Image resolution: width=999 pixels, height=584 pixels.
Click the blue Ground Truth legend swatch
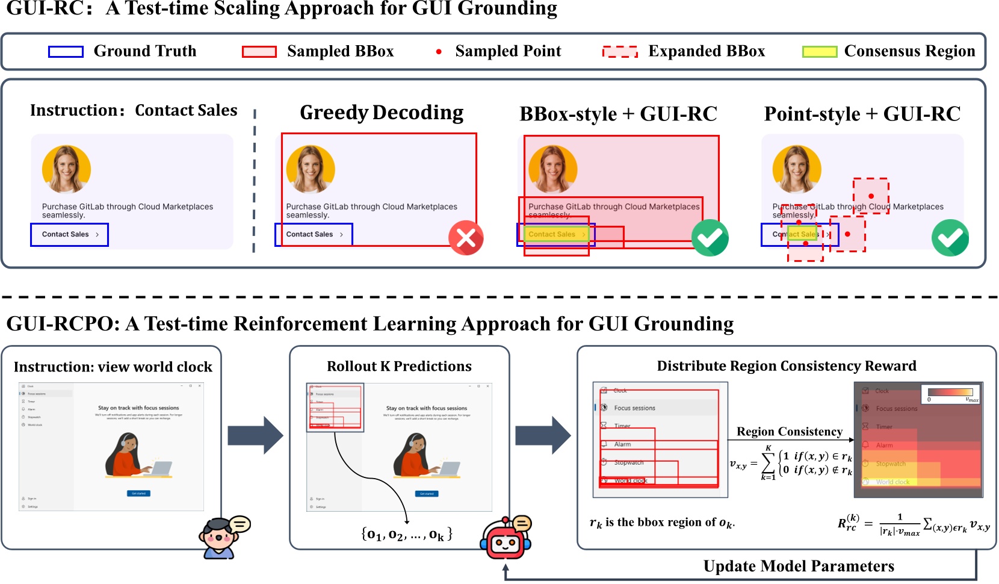pyautogui.click(x=66, y=52)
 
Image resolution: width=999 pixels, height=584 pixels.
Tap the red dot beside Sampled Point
pyautogui.click(x=439, y=52)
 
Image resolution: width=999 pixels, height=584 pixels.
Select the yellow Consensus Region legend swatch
pyautogui.click(x=819, y=52)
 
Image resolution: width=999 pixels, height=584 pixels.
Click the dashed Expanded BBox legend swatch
pyautogui.click(x=620, y=52)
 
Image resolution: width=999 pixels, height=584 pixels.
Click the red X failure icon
pyautogui.click(x=466, y=238)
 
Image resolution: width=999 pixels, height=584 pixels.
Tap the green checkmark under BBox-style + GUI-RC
pyautogui.click(x=710, y=238)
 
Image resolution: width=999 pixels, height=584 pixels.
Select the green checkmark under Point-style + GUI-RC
pyautogui.click(x=950, y=238)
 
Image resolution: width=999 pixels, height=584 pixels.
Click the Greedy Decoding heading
pyautogui.click(x=382, y=113)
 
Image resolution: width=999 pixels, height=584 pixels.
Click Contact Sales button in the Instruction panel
pyautogui.click(x=69, y=234)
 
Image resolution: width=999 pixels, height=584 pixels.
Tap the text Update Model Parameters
pyautogui.click(x=798, y=566)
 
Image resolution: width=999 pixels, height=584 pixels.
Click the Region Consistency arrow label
pyautogui.click(x=789, y=432)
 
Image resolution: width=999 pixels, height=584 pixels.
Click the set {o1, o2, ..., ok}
pyautogui.click(x=406, y=534)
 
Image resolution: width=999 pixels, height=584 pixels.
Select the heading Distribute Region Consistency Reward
pyautogui.click(x=786, y=366)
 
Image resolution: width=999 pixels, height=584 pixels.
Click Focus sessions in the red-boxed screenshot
pyautogui.click(x=634, y=408)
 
